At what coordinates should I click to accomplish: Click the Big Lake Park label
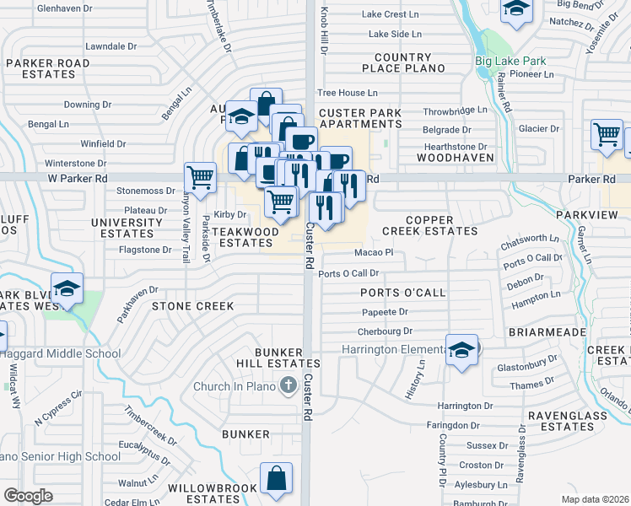[x=510, y=61]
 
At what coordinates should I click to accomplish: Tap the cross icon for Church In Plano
[x=288, y=386]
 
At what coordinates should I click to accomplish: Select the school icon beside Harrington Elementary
[x=461, y=350]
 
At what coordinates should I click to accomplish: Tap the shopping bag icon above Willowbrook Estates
[x=276, y=478]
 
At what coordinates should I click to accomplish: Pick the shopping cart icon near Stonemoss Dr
[x=200, y=178]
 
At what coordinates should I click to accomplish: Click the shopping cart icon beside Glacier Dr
[x=607, y=135]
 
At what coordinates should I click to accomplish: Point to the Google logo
[x=28, y=496]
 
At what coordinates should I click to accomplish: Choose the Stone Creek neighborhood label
[x=192, y=306]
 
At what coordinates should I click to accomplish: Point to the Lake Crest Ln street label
[x=391, y=14]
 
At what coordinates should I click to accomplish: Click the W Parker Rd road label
[x=78, y=178]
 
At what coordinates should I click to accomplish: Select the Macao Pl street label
[x=374, y=251]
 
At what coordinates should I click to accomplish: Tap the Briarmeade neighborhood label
[x=547, y=332]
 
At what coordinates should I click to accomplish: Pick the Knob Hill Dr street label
[x=324, y=30]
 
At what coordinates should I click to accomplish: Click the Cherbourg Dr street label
[x=384, y=331]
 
